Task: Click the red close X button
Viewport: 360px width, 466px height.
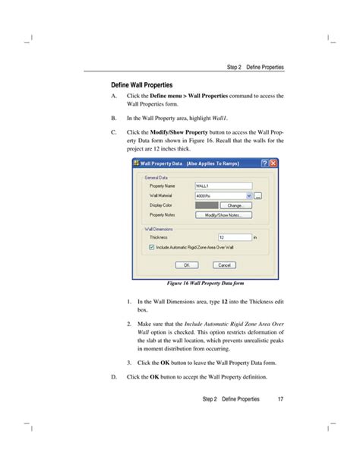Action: point(273,163)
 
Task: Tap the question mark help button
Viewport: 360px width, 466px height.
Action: point(263,163)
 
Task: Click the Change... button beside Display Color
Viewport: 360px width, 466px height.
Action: point(235,205)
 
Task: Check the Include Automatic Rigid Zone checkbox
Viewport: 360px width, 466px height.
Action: point(151,247)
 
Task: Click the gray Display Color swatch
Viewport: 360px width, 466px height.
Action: point(206,205)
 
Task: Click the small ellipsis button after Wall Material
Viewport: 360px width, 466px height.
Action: point(257,195)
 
